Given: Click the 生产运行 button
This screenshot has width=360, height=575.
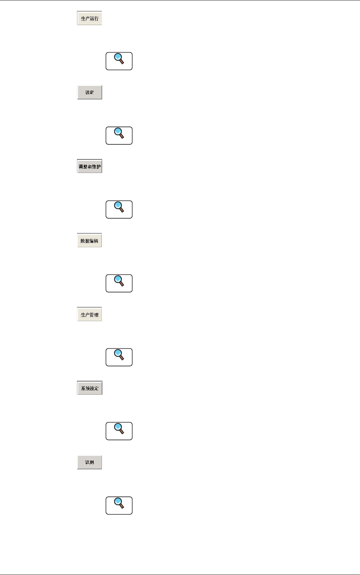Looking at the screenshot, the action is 89,18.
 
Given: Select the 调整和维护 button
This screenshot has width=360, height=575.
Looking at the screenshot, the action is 89,166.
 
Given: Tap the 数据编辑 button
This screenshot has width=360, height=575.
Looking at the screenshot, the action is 89,241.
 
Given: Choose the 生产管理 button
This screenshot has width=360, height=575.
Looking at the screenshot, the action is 89,315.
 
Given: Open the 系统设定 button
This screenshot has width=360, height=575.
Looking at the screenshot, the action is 89,388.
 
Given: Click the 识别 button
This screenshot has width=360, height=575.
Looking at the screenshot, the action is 89,462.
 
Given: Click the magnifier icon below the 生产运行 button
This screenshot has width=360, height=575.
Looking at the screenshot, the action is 119,61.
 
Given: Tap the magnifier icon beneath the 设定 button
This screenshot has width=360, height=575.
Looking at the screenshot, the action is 119,135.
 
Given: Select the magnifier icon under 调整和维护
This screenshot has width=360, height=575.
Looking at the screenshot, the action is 119,209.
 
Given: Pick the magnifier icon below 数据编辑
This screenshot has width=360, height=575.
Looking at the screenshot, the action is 119,283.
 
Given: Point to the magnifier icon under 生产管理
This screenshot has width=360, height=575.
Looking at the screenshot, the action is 119,357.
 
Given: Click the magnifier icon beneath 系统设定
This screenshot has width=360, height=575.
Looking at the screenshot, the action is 119,431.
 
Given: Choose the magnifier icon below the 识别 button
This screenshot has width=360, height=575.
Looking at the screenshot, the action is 119,505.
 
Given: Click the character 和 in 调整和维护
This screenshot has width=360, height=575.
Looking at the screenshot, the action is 90,167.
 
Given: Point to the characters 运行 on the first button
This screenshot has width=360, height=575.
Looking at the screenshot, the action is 94,19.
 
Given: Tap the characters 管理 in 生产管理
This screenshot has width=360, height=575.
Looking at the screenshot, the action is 94,315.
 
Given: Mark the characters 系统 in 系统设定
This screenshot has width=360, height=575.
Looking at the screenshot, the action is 85,388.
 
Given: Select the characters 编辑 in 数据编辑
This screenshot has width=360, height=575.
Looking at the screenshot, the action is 94,241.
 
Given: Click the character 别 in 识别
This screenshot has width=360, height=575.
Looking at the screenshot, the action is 92,462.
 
